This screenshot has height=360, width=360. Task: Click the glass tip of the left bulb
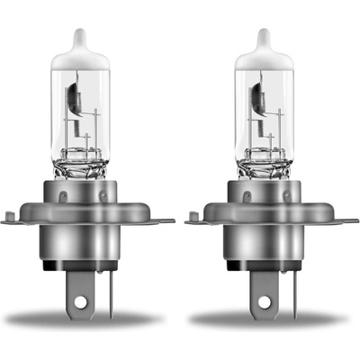pos(78,39)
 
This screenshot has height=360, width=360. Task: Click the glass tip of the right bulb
pos(263,39)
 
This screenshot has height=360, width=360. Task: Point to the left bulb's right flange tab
pos(165,219)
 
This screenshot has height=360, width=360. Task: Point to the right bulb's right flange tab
pos(348,219)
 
